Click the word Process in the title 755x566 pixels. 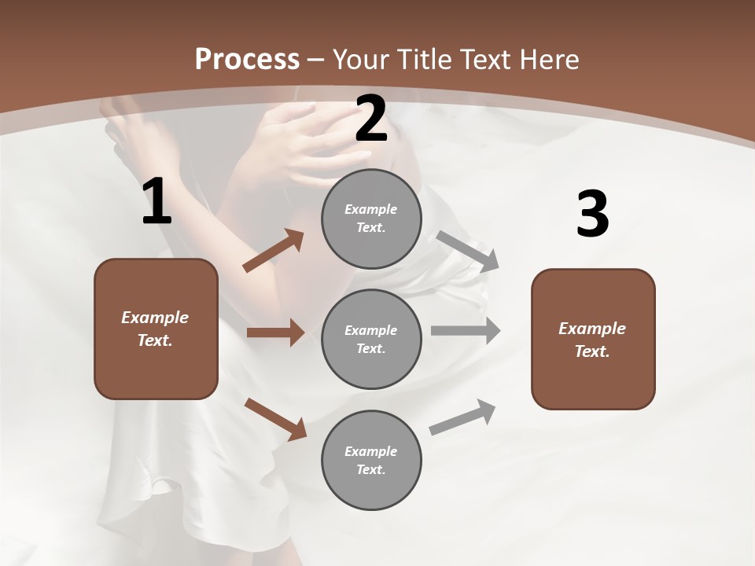[x=247, y=60]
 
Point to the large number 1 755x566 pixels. [x=157, y=202]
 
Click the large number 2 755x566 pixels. [x=371, y=119]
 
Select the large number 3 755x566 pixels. [x=592, y=215]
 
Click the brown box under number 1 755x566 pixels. [x=156, y=329]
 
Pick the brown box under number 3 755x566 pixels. [x=593, y=339]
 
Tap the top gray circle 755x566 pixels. [x=371, y=219]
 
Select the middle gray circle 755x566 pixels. [x=371, y=339]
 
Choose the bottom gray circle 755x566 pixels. [x=371, y=460]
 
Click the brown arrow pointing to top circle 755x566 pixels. [x=273, y=251]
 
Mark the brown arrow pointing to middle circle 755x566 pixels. [x=275, y=333]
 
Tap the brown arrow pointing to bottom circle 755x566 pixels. [x=275, y=418]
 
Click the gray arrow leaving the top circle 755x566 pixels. [x=468, y=251]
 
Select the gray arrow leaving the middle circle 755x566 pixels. [x=466, y=331]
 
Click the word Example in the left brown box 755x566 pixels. [x=155, y=318]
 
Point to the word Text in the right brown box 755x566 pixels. [x=591, y=351]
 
